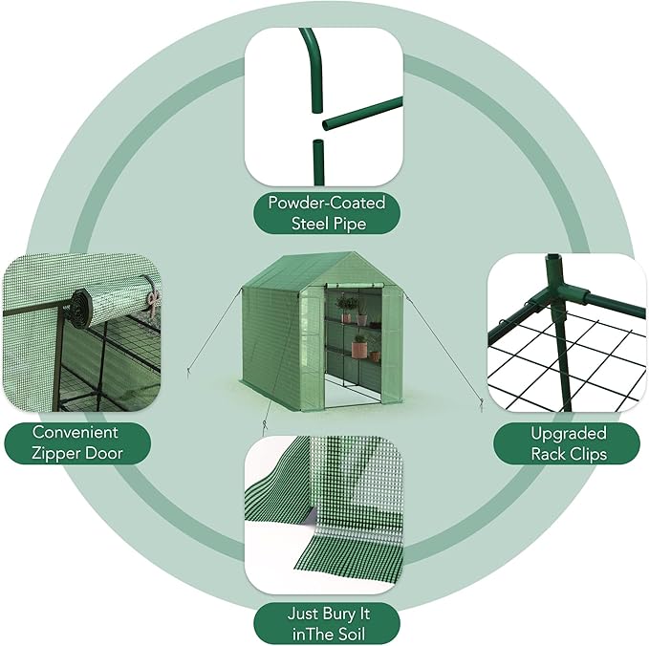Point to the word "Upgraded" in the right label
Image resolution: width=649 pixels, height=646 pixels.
pyautogui.click(x=570, y=433)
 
